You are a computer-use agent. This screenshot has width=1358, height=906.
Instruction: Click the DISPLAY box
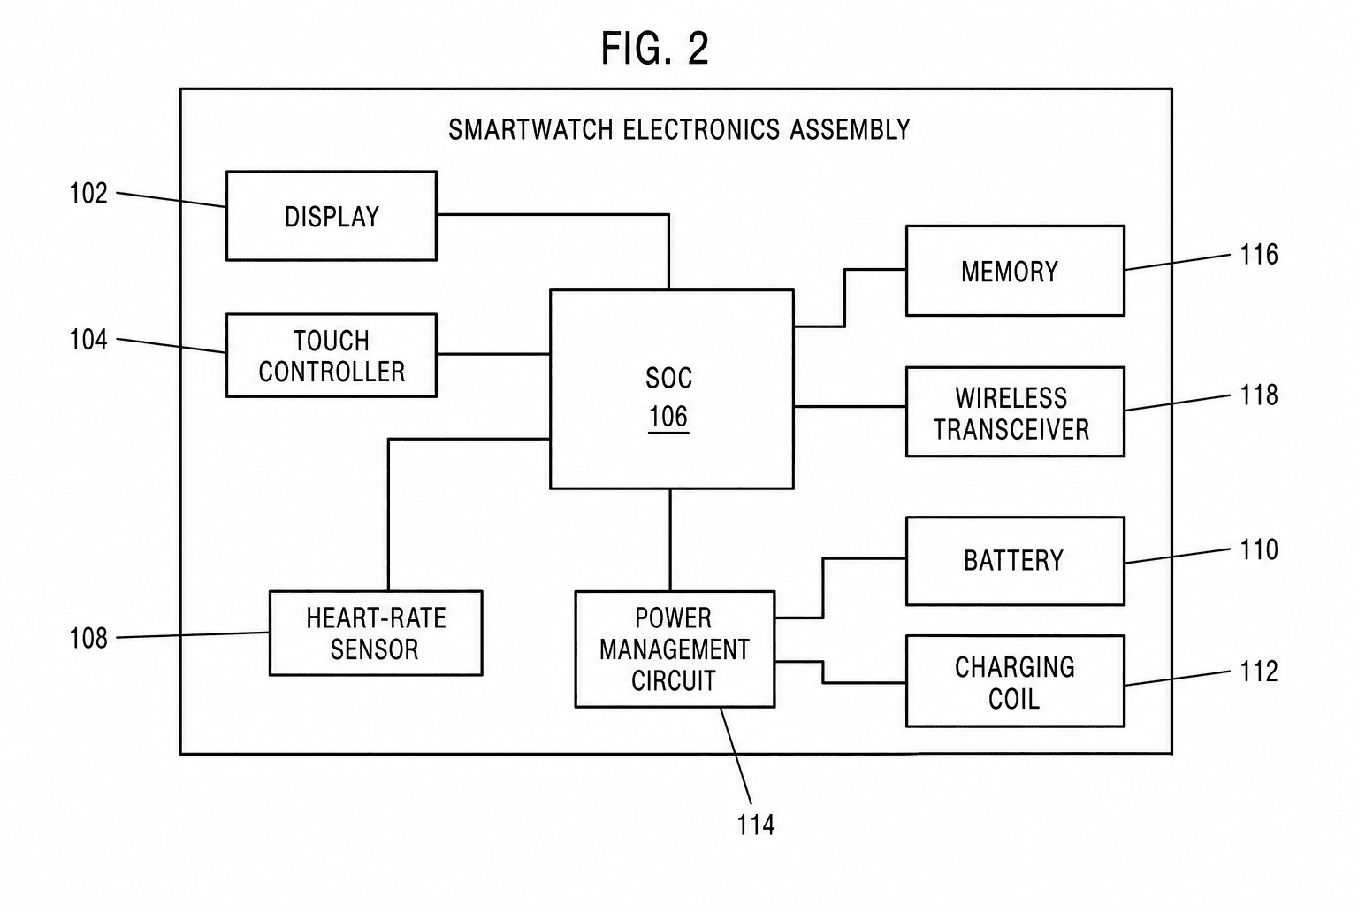(331, 216)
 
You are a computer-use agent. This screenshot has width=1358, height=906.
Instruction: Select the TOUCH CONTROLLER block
(331, 356)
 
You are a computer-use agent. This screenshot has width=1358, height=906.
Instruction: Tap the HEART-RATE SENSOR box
(376, 633)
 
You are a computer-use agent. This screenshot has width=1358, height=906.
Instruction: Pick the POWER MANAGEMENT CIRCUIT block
(675, 649)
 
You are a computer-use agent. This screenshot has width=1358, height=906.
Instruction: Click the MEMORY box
(1015, 271)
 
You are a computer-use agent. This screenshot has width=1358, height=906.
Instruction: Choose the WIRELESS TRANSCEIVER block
(1015, 412)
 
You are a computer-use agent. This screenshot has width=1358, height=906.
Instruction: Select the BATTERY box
(1015, 561)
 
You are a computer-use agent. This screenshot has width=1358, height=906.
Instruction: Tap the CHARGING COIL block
(1015, 681)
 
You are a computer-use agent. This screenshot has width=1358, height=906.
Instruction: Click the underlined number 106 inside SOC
(668, 417)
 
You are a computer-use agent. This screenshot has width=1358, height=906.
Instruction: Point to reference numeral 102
(88, 194)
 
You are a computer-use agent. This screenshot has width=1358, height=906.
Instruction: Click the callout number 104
(88, 340)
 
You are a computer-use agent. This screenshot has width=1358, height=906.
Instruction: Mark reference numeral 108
(88, 639)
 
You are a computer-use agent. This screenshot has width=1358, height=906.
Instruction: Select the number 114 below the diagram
(755, 825)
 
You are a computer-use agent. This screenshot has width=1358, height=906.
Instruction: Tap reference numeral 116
(1259, 255)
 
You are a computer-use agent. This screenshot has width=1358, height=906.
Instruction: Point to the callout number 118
(1259, 395)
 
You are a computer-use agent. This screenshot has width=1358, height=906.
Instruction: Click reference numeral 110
(1259, 549)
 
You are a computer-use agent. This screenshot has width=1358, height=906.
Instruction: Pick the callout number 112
(1259, 672)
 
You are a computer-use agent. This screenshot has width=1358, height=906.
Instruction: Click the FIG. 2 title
(655, 49)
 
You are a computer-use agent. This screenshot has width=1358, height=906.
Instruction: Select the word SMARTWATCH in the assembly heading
(530, 130)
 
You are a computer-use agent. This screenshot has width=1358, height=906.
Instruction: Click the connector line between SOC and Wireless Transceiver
(850, 407)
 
